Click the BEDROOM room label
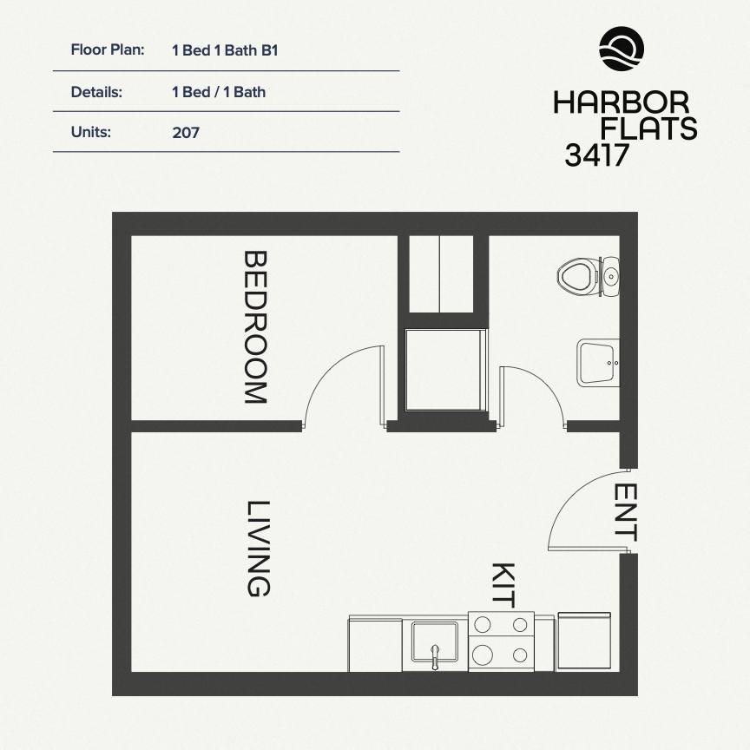point(254,327)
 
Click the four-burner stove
point(501,640)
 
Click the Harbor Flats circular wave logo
point(622,49)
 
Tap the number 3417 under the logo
point(596,154)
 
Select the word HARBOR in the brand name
point(622,102)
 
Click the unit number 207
point(186,133)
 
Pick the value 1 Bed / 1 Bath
point(219,91)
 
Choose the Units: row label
point(91,133)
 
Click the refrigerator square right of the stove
point(586,641)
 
